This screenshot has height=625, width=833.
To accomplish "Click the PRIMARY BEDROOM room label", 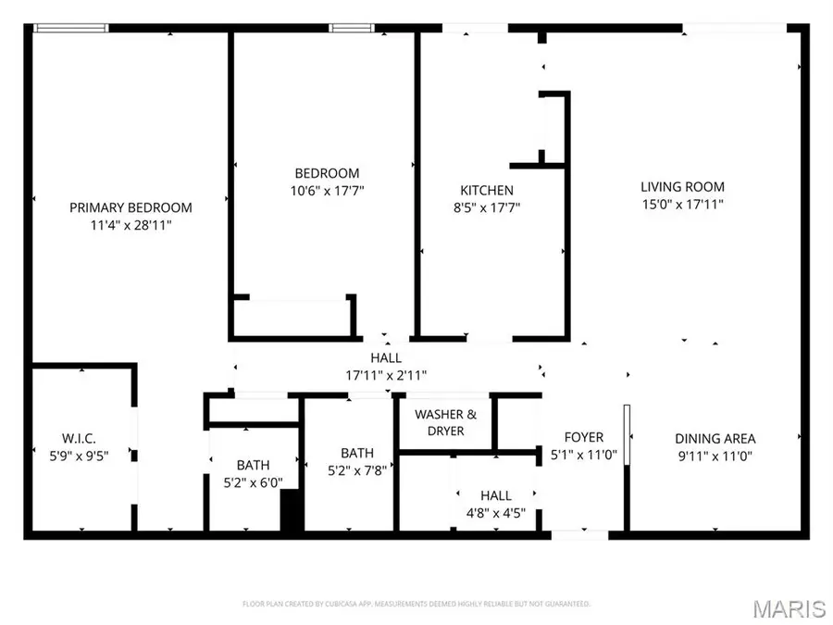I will [x=131, y=207].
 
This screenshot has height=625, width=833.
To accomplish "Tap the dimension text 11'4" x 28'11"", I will [x=131, y=225].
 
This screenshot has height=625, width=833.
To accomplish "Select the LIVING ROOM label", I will [x=683, y=186].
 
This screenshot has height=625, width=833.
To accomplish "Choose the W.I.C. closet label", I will [x=80, y=437].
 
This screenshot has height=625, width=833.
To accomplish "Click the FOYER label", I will [x=584, y=437].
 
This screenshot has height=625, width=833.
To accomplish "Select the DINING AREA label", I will [x=715, y=438].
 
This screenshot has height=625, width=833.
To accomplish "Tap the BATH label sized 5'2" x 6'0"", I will [x=253, y=465].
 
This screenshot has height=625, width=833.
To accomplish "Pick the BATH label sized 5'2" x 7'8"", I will [x=357, y=453].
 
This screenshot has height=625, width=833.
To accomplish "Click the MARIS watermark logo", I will [x=789, y=608].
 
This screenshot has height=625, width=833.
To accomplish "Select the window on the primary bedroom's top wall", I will [x=70, y=28].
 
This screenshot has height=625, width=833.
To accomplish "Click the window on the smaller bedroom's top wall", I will [x=346, y=28].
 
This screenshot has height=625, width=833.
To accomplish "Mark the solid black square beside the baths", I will [x=292, y=511].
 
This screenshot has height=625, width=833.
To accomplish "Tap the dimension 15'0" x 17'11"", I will [x=683, y=204].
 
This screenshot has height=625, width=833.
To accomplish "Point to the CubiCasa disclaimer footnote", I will [x=416, y=604].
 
